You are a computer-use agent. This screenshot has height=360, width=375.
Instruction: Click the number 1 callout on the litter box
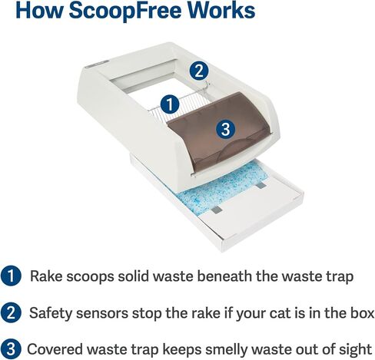[x=170, y=104]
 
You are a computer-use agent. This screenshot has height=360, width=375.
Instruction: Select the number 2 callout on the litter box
[x=199, y=71]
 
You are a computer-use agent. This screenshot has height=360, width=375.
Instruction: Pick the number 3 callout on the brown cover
[x=225, y=129]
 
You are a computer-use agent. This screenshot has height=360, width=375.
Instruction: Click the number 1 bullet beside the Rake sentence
[x=11, y=276]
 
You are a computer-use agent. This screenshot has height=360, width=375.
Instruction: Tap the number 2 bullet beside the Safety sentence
[x=11, y=312]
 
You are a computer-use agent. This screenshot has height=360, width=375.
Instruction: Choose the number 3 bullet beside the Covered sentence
[x=11, y=349]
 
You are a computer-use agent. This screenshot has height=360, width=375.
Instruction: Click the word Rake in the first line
[x=46, y=276]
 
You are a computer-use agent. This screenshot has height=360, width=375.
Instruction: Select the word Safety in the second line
[x=51, y=312]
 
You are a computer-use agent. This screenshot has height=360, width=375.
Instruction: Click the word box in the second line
[x=362, y=312]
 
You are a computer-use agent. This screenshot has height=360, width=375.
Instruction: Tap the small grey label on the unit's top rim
[x=98, y=64]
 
